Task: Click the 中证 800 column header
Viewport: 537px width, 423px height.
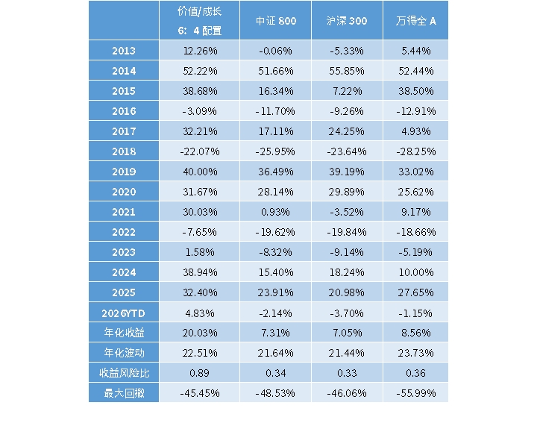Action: click(x=276, y=21)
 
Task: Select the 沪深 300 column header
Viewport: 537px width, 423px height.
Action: click(x=348, y=21)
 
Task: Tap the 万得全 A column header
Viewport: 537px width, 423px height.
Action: click(x=415, y=21)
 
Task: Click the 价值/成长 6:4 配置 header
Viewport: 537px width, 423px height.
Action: click(x=199, y=21)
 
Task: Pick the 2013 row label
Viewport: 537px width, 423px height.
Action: click(x=124, y=51)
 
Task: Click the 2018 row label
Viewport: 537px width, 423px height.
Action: click(x=124, y=151)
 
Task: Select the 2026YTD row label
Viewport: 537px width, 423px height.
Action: click(x=124, y=312)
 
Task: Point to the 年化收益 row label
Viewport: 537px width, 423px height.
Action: click(x=124, y=332)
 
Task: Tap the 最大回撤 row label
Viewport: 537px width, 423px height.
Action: click(x=124, y=392)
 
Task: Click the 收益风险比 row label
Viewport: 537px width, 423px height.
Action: click(x=124, y=372)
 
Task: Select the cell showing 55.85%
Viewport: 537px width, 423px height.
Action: click(x=348, y=71)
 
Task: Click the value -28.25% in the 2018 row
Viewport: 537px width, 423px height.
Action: click(x=415, y=151)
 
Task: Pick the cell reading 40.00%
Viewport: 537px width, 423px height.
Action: click(x=199, y=172)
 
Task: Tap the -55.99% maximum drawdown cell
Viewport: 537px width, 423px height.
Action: click(x=415, y=392)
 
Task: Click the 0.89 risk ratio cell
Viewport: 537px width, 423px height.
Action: click(x=199, y=372)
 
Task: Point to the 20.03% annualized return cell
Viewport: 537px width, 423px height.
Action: click(x=199, y=332)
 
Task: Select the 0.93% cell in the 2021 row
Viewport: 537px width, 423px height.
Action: click(x=276, y=212)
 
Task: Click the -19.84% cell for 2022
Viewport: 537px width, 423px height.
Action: click(x=348, y=232)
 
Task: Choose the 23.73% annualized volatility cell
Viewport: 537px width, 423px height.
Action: click(x=415, y=352)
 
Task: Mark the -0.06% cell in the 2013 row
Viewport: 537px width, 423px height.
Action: click(x=276, y=51)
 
